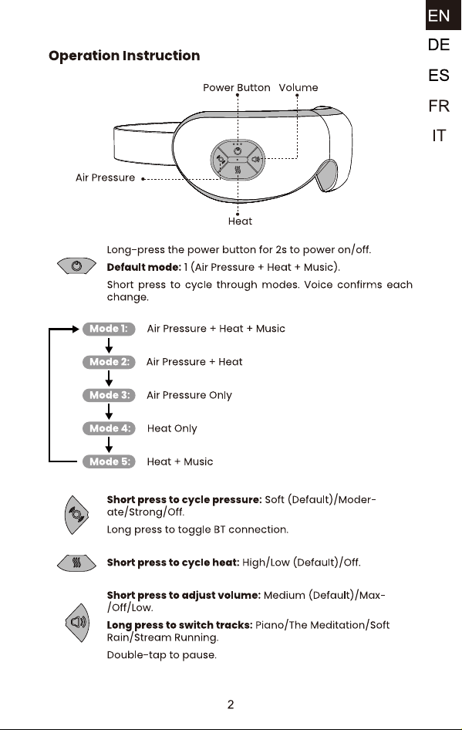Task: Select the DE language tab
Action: coord(439,46)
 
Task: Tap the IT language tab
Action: coord(439,136)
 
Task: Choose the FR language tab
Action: coord(439,106)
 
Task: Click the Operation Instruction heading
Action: coord(124,56)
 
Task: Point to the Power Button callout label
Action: coord(236,87)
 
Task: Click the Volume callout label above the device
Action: coord(298,87)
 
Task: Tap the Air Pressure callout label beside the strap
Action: coord(105,177)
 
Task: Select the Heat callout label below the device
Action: coord(240,221)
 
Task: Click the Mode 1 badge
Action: coord(109,329)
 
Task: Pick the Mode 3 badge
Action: coord(109,395)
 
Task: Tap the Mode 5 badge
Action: coord(109,461)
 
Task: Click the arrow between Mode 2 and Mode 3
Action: coord(109,378)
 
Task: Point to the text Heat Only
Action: coord(172,428)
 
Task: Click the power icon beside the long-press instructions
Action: coord(77,265)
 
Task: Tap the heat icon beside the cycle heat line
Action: coord(77,563)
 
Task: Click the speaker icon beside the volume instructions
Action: coord(77,623)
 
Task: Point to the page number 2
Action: coord(231,705)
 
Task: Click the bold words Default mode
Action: coord(143,267)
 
